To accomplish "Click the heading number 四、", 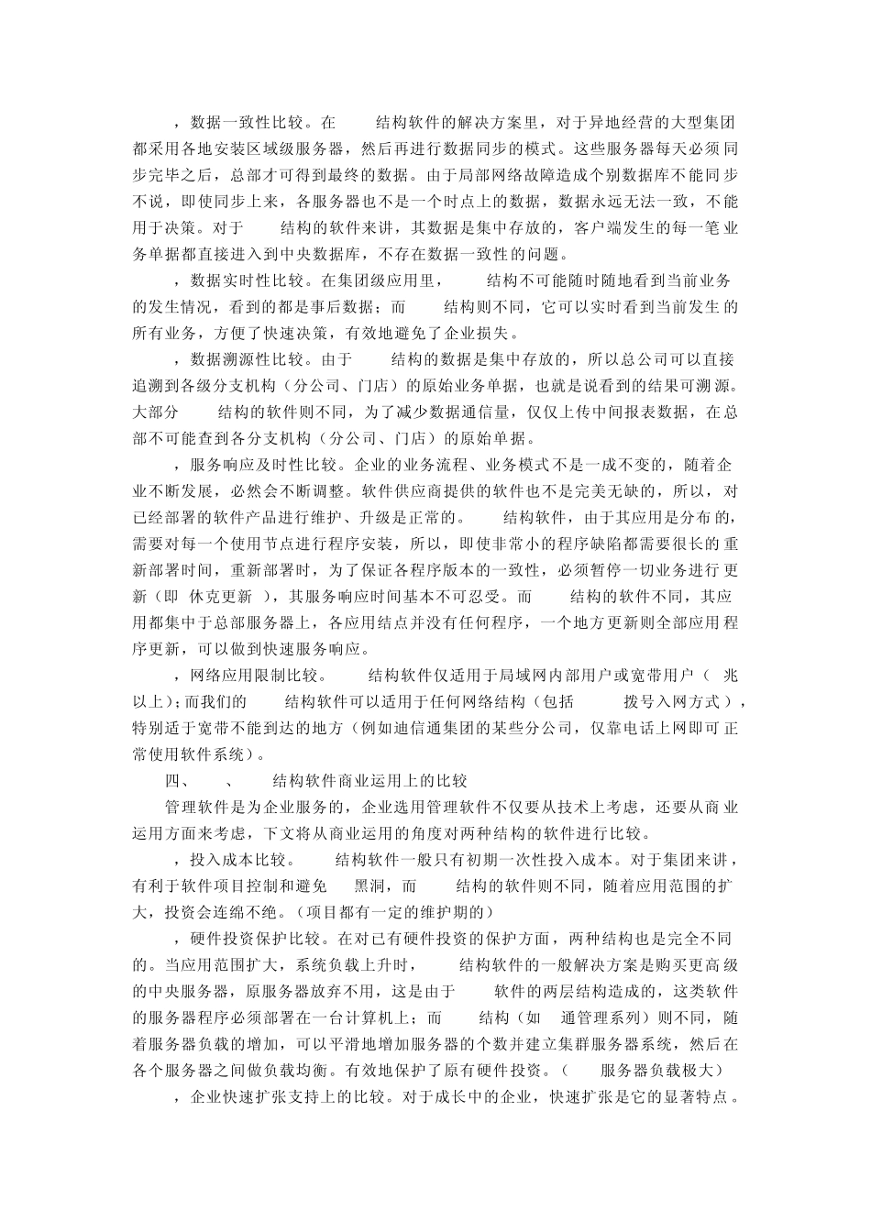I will point(176,781).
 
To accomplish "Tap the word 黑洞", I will point(368,886).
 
